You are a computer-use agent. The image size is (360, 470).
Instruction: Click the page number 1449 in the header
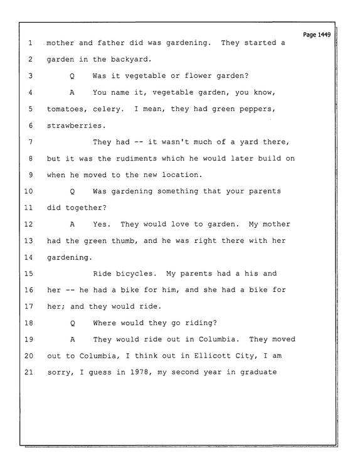click(324, 35)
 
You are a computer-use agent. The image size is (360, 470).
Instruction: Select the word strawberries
click(77, 126)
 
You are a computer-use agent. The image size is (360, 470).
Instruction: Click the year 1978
click(140, 372)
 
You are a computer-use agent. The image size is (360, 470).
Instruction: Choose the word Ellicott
click(213, 356)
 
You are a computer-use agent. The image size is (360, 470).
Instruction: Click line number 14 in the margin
click(28, 257)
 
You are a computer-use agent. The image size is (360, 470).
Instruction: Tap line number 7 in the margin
click(30, 142)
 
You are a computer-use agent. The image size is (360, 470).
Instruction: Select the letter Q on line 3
click(72, 76)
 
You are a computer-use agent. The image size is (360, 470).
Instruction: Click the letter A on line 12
click(72, 224)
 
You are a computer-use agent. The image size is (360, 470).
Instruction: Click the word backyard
click(131, 60)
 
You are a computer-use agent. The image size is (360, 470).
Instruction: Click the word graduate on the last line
click(258, 373)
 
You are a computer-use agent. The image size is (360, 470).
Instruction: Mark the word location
click(183, 174)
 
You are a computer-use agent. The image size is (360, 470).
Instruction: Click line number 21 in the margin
click(28, 372)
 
